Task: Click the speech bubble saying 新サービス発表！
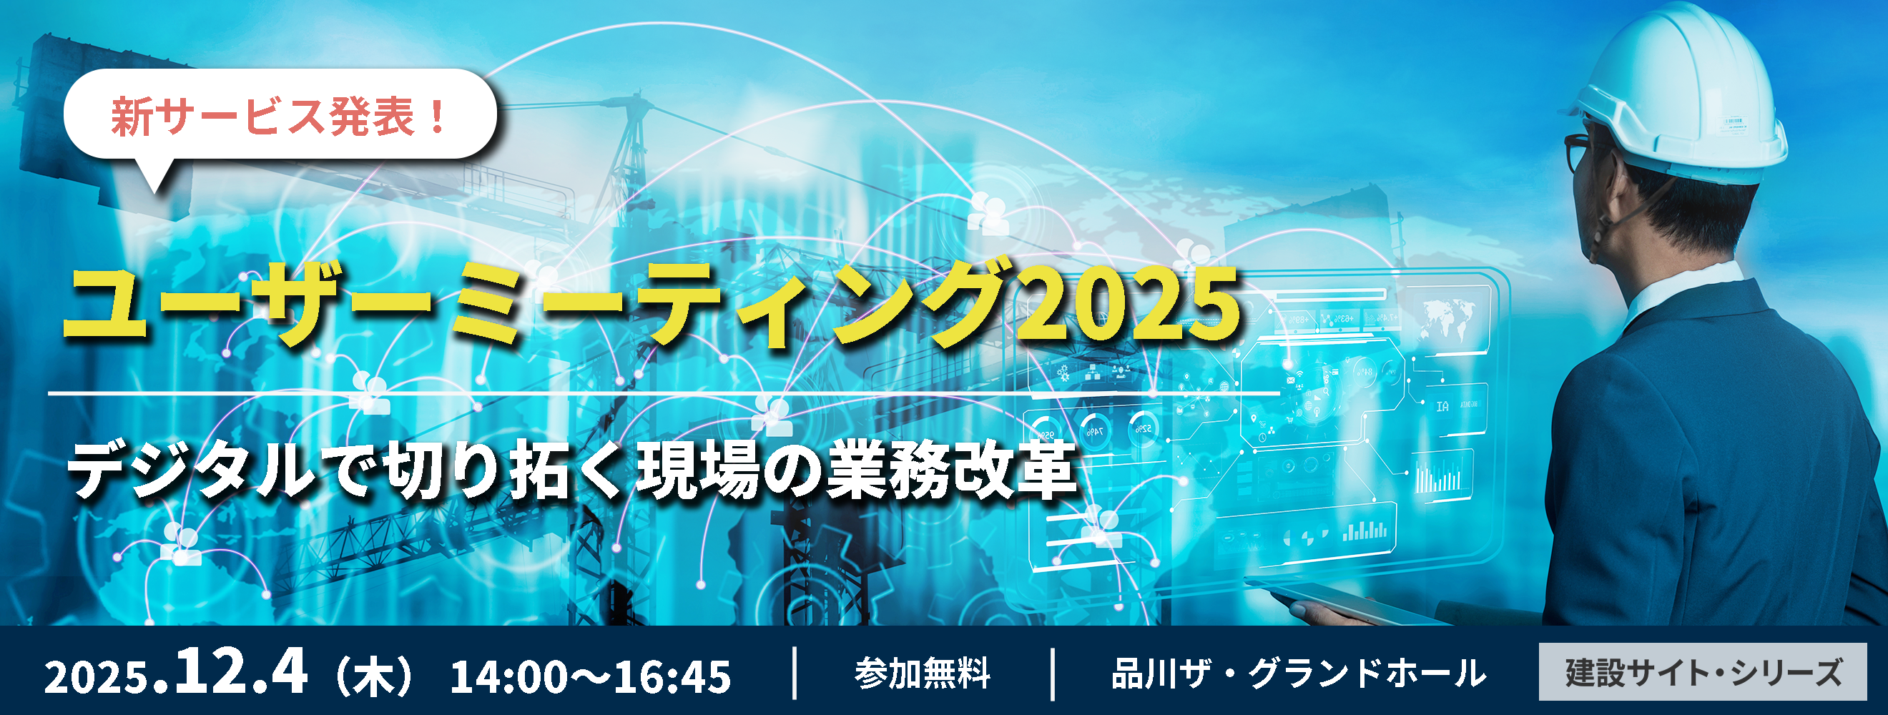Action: (280, 115)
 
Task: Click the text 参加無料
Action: (922, 674)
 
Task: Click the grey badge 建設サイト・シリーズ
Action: (1703, 672)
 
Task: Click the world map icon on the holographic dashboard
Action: (1447, 319)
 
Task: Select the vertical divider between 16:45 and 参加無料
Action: (795, 674)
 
